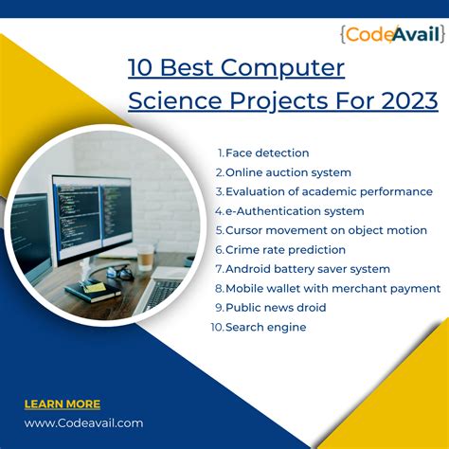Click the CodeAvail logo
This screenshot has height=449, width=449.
tap(391, 36)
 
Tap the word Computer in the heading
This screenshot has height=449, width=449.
tap(285, 68)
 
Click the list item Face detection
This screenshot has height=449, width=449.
tap(267, 153)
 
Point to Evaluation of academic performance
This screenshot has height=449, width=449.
tap(329, 191)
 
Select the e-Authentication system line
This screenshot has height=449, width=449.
tap(295, 211)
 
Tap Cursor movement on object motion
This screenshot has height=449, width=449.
tap(326, 230)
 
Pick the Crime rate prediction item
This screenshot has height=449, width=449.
tap(285, 250)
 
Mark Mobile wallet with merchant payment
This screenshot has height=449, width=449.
tap(332, 288)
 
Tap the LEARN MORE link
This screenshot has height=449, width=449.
tap(62, 404)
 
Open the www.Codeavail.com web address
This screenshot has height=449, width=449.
tap(83, 422)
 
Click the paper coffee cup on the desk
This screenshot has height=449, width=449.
tap(146, 257)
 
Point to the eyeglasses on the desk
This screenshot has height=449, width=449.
tap(119, 273)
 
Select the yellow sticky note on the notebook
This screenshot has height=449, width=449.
tap(95, 286)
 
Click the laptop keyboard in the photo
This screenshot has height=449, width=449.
tap(161, 296)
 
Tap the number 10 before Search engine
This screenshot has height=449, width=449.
tap(217, 327)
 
